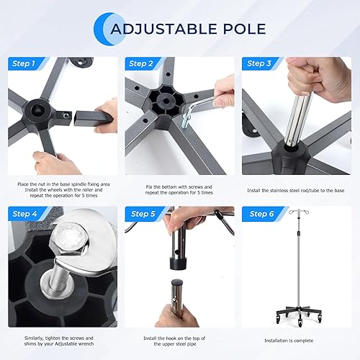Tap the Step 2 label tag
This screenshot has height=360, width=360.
(x=140, y=64)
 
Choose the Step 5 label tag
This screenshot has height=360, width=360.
(x=142, y=214)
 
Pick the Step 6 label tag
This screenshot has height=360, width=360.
(x=261, y=214)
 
